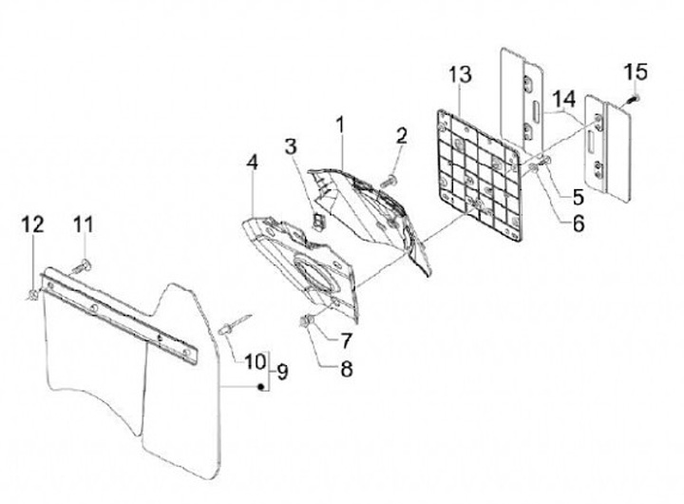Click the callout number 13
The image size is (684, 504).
tap(460, 74)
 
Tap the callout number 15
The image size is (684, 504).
tap(635, 71)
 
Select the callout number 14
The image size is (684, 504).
tap(564, 99)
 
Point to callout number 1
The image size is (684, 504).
tap(339, 124)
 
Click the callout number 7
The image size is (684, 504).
tap(345, 339)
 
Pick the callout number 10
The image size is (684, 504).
tap(254, 360)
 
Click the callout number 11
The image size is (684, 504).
tap(84, 225)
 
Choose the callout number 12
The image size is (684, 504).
tap(33, 225)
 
